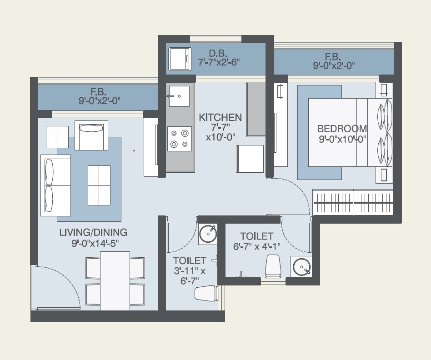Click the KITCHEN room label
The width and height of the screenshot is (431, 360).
coord(220,117)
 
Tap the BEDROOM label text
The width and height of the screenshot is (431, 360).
coord(342,129)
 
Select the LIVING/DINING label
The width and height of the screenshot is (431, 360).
coord(93,232)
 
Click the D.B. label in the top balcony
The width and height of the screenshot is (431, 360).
coord(219,53)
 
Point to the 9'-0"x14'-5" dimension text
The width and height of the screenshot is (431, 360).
coord(95,243)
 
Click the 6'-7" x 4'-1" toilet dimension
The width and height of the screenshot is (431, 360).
coord(257,247)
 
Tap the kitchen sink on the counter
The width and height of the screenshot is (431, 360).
coord(179,96)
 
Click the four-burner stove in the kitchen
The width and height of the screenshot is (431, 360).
coord(179,139)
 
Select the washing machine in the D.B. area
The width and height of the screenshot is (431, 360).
coord(180,59)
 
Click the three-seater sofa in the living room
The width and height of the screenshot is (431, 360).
coord(55,185)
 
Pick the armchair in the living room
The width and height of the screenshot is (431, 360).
coord(91,135)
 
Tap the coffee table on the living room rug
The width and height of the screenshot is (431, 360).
coord(99,185)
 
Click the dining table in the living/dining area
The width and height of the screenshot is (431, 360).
coord(115,280)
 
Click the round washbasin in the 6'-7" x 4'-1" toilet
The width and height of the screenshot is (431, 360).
coord(301,267)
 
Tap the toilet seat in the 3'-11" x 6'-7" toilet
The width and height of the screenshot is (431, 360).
coord(206,293)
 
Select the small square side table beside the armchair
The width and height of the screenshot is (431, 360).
coord(57,137)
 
